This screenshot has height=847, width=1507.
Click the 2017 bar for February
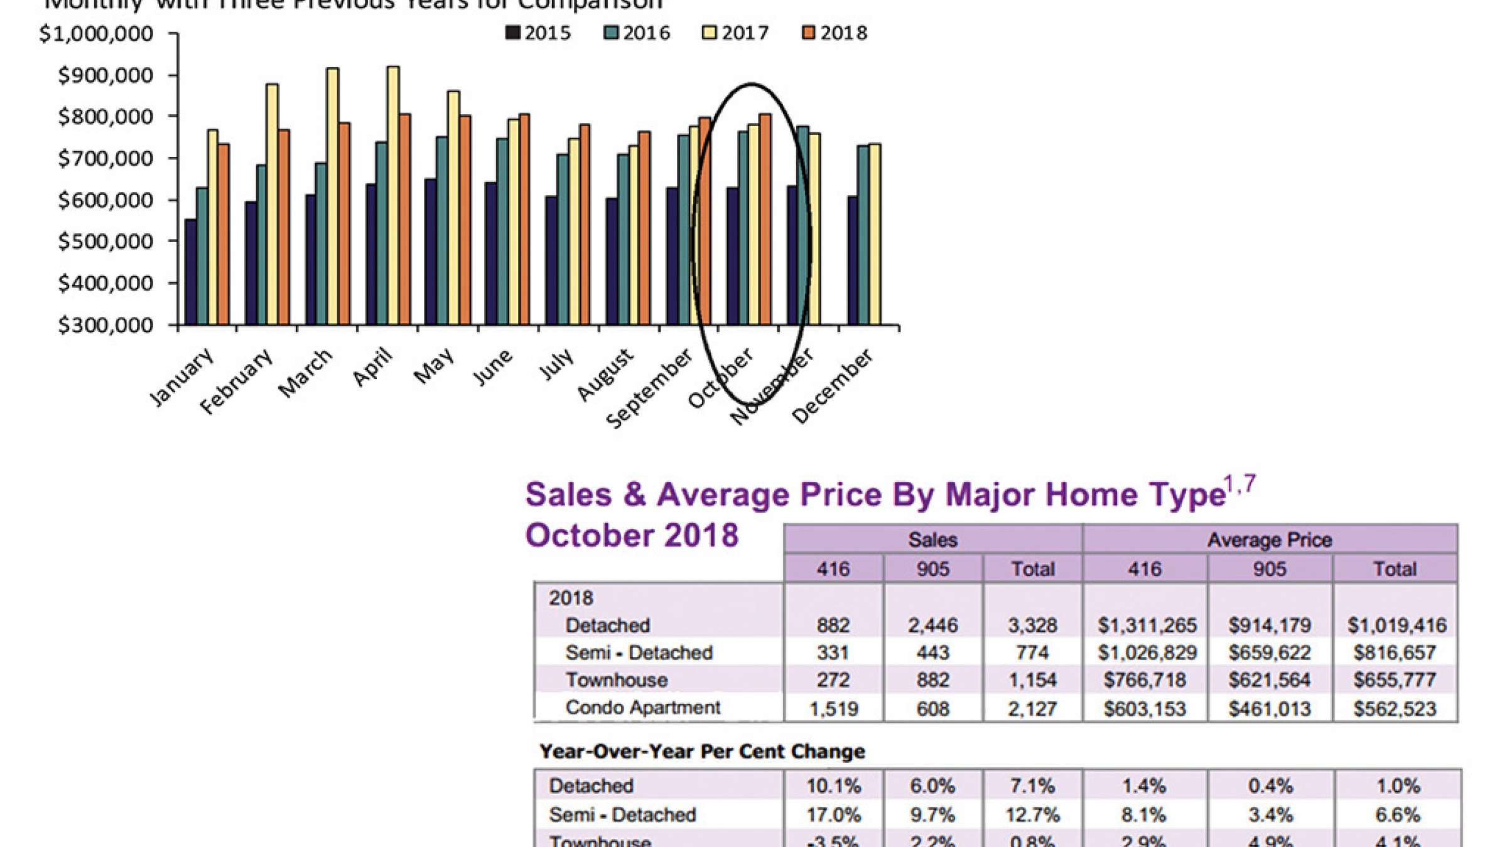pos(272,204)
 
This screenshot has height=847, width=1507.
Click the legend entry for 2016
pos(637,33)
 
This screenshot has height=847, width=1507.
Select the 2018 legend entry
pos(835,33)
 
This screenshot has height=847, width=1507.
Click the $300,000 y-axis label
pos(105,325)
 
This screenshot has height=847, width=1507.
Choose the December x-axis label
pos(832,385)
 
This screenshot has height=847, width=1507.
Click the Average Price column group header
pos(1269,540)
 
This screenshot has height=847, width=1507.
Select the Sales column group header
pos(932,540)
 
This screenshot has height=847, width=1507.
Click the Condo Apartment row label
pos(643,708)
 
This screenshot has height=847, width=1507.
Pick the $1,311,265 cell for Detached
pos(1147,625)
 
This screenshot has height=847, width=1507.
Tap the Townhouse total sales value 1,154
pos(1032,680)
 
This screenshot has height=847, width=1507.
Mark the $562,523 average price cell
pos(1395,709)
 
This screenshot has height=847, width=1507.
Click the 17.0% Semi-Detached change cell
pos(833,815)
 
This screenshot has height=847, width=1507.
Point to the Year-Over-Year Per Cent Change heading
pos(702,751)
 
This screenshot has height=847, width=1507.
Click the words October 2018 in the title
pos(632,535)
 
